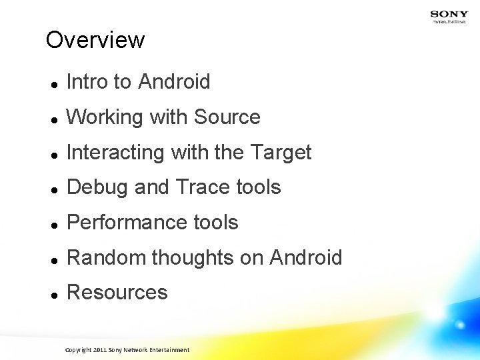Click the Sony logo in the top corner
(449, 13)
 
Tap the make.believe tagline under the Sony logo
(449, 21)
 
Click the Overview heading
(95, 40)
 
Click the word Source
(227, 117)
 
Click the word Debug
(98, 188)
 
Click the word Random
(107, 258)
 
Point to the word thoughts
(193, 258)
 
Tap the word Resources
(117, 293)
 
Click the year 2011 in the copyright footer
(100, 350)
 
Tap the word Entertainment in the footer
(169, 350)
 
